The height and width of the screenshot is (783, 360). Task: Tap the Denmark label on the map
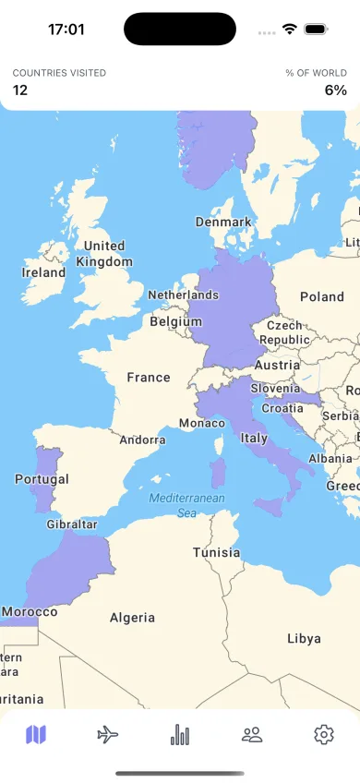tap(223, 222)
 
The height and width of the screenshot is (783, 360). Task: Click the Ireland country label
tap(43, 272)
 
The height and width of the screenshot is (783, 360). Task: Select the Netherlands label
tap(183, 295)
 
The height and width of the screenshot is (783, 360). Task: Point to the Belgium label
tap(175, 322)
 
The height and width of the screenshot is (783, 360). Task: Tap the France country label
tap(149, 377)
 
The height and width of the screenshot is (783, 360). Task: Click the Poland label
tap(321, 296)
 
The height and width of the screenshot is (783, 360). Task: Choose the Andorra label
tap(142, 440)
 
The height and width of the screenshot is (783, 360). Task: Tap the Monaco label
tap(201, 423)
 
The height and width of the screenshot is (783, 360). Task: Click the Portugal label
tap(42, 479)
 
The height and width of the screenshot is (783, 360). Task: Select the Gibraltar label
tap(72, 524)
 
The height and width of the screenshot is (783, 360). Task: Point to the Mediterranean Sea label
tap(186, 505)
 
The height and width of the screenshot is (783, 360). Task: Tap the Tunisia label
tap(217, 552)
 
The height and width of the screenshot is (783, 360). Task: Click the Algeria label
tap(132, 618)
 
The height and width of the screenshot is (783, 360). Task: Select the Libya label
tap(304, 638)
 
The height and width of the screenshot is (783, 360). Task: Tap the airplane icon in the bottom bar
tap(108, 735)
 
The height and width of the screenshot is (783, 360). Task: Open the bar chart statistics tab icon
tap(180, 735)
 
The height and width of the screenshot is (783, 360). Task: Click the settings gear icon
tap(323, 735)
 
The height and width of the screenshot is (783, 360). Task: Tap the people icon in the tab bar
tap(252, 735)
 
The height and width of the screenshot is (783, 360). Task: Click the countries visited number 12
tap(20, 90)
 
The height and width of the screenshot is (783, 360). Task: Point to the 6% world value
tap(335, 90)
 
